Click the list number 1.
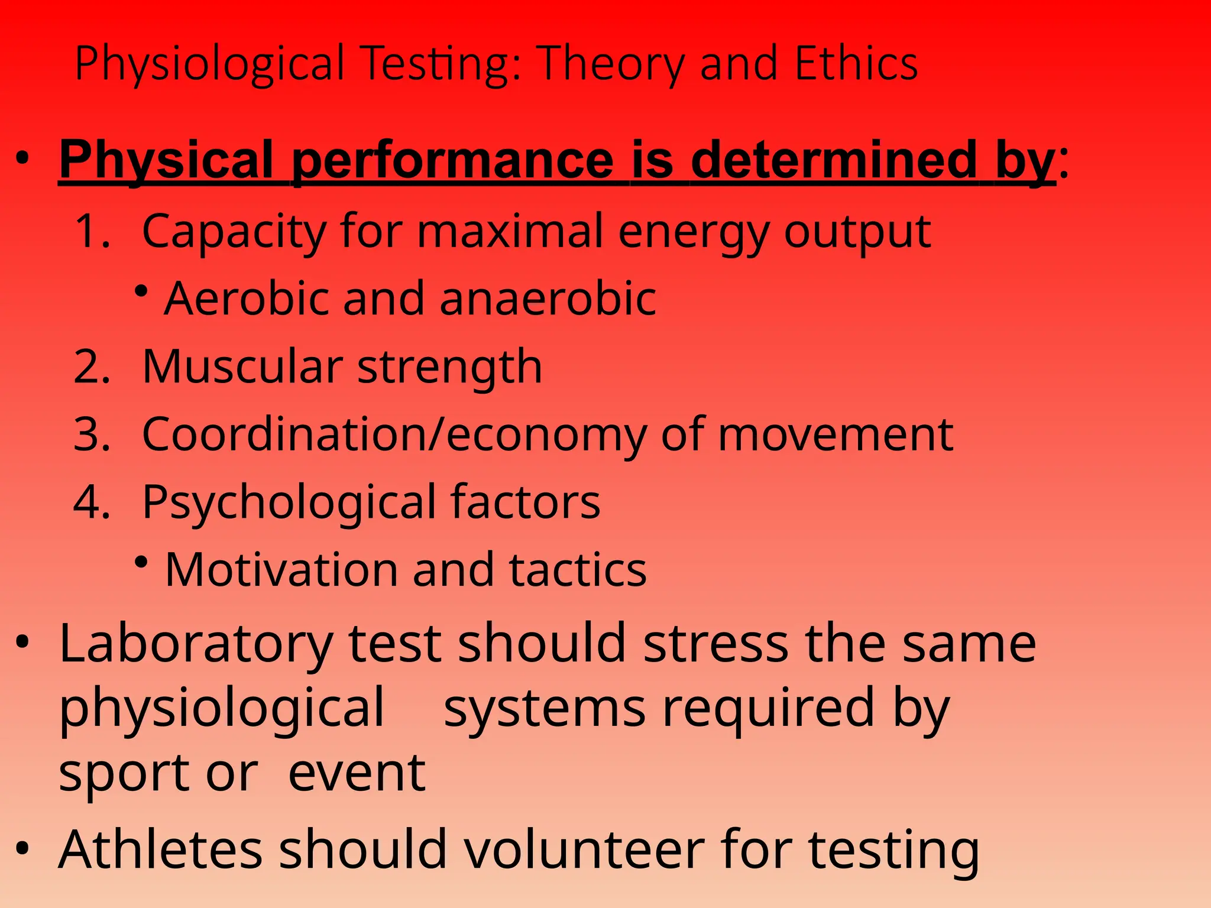(92, 231)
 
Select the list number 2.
(92, 367)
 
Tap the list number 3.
(92, 434)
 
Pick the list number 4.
(92, 502)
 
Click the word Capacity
(234, 232)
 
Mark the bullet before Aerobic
(141, 291)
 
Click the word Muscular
(242, 367)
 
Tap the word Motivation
(281, 570)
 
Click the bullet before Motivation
(141, 562)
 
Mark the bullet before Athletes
(22, 848)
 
